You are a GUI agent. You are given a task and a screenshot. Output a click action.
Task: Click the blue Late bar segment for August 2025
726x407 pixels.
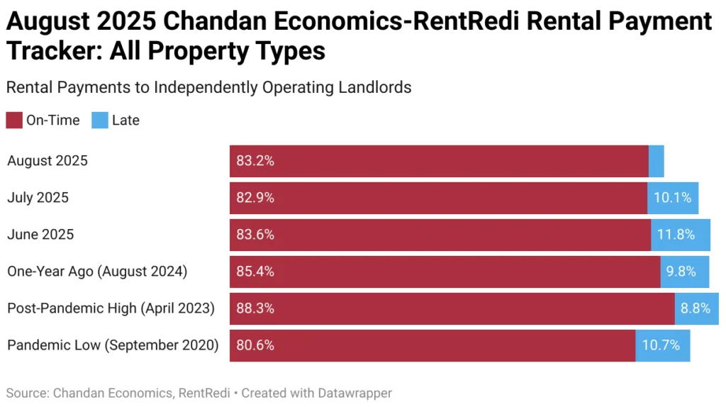click(x=656, y=161)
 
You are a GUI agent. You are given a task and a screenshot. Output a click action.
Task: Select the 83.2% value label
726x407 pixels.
click(x=255, y=161)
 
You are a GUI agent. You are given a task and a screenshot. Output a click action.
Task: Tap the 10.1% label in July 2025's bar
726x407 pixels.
click(x=672, y=198)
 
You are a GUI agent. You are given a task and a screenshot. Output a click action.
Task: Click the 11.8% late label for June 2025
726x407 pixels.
click(x=680, y=235)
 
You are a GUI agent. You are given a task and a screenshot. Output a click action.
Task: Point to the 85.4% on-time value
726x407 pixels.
click(x=255, y=272)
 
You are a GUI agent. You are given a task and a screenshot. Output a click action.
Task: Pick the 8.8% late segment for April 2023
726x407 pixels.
click(x=696, y=308)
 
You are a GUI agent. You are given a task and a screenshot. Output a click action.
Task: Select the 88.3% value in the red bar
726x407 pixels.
click(x=255, y=308)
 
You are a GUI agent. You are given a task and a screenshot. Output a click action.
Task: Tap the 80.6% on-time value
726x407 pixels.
click(x=255, y=345)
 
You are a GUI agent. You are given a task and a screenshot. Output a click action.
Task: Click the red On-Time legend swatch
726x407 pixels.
click(x=14, y=121)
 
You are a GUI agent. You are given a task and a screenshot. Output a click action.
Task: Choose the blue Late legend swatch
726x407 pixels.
click(x=100, y=121)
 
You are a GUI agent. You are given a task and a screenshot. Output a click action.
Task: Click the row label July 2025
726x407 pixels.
click(x=38, y=198)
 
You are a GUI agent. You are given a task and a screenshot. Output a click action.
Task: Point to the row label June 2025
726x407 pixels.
click(x=40, y=235)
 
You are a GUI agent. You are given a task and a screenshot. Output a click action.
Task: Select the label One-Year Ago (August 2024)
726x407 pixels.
click(x=96, y=272)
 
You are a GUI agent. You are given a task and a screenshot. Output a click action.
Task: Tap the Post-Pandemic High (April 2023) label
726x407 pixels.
click(x=111, y=308)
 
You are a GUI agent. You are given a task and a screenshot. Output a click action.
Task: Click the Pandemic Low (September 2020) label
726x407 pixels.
click(x=113, y=345)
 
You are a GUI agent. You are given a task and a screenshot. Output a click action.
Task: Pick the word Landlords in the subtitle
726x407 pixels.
click(x=379, y=87)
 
